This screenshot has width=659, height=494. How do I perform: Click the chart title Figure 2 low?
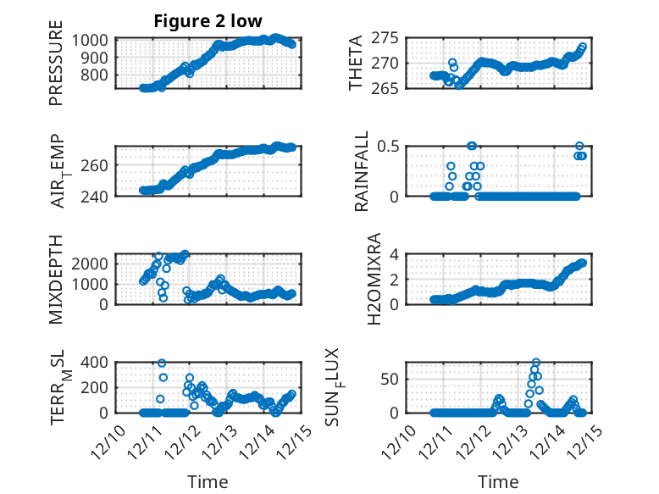pos(208,20)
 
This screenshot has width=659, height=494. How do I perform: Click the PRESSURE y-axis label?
pos(57,69)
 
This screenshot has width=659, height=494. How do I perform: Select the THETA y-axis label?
pos(356,64)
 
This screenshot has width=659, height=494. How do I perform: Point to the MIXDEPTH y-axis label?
pos(57,279)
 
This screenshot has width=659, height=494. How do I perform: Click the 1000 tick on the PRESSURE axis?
pos(89,40)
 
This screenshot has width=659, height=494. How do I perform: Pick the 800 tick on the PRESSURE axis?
pos(93,75)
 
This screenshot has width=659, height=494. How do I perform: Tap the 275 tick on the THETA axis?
pos(385,38)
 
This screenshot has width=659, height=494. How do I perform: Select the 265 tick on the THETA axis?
pos(385,88)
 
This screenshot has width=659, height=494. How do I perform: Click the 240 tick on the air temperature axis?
pos(93,197)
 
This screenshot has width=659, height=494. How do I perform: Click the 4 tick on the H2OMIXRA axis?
pos(393,254)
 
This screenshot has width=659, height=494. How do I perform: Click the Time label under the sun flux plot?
pos(498,481)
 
